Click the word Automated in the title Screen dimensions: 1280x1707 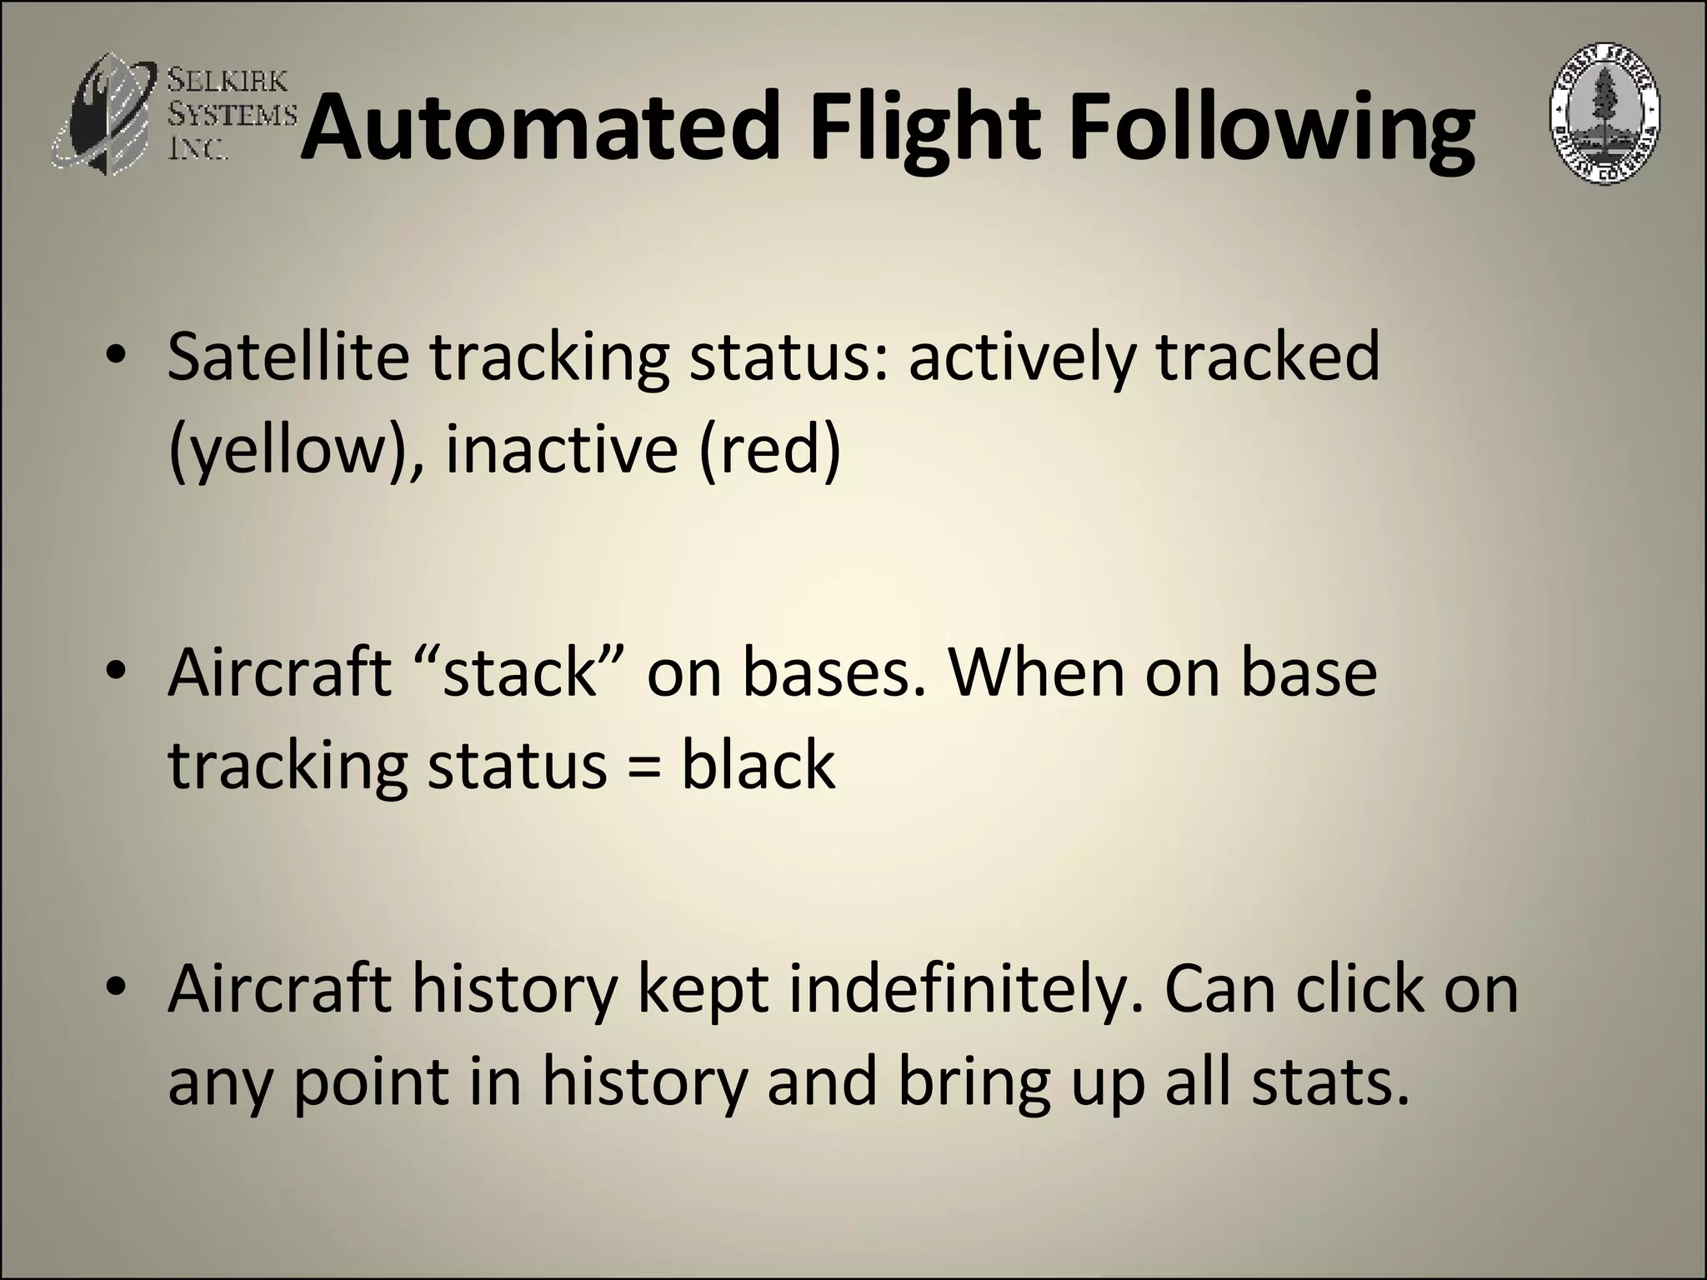tap(540, 129)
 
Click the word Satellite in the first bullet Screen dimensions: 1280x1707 tap(288, 357)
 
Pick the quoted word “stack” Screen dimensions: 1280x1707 tap(521, 672)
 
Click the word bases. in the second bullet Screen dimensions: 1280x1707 tap(833, 672)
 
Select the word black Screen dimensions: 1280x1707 tap(758, 765)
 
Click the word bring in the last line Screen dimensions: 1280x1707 tap(975, 1082)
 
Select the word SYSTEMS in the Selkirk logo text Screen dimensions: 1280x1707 tap(232, 113)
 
